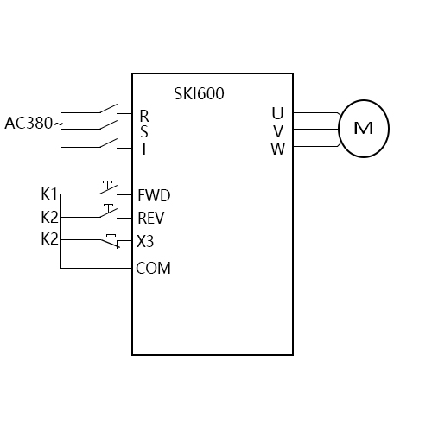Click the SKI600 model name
pyautogui.click(x=199, y=93)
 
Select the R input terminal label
pyautogui.click(x=143, y=115)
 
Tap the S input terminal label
pyautogui.click(x=143, y=131)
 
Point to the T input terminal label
pyautogui.click(x=143, y=148)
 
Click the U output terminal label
pyautogui.click(x=276, y=114)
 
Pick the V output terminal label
pyautogui.click(x=277, y=130)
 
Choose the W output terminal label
pyautogui.click(x=277, y=148)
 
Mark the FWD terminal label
pyautogui.click(x=154, y=195)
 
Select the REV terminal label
pyautogui.click(x=151, y=219)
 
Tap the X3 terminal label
pyautogui.click(x=145, y=241)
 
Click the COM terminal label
pyautogui.click(x=154, y=269)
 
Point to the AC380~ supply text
pyautogui.click(x=34, y=123)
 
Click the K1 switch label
pyautogui.click(x=49, y=194)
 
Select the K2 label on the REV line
pyautogui.click(x=49, y=216)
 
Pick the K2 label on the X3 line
pyautogui.click(x=49, y=238)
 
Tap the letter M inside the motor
pyautogui.click(x=363, y=129)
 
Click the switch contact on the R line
pyautogui.click(x=108, y=110)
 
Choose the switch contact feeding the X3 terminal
pyautogui.click(x=110, y=241)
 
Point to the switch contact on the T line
pyautogui.click(x=108, y=143)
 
